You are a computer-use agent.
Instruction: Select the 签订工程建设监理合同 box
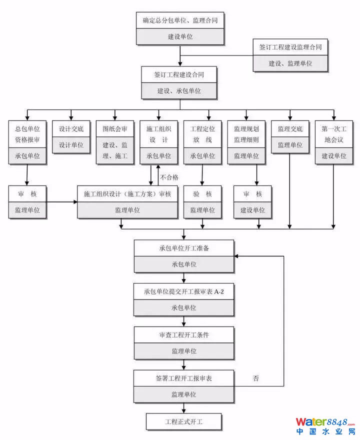[290, 47]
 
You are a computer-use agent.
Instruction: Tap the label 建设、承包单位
[179, 91]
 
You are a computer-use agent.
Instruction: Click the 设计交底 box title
[71, 129]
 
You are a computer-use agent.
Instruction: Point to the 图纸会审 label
[115, 129]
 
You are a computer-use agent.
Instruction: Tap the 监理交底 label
[290, 129]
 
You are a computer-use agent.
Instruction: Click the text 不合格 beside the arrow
[169, 177]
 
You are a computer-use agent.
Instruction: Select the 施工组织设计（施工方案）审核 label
[127, 194]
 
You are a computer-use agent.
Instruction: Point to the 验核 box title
[202, 194]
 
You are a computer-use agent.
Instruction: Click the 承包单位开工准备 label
[184, 248]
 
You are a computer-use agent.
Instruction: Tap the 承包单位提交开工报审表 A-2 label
[184, 291]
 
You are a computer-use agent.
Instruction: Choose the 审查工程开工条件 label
[184, 335]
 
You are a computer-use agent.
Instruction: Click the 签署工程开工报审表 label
[184, 378]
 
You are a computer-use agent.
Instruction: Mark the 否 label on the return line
[255, 378]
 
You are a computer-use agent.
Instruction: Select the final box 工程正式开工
[184, 422]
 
